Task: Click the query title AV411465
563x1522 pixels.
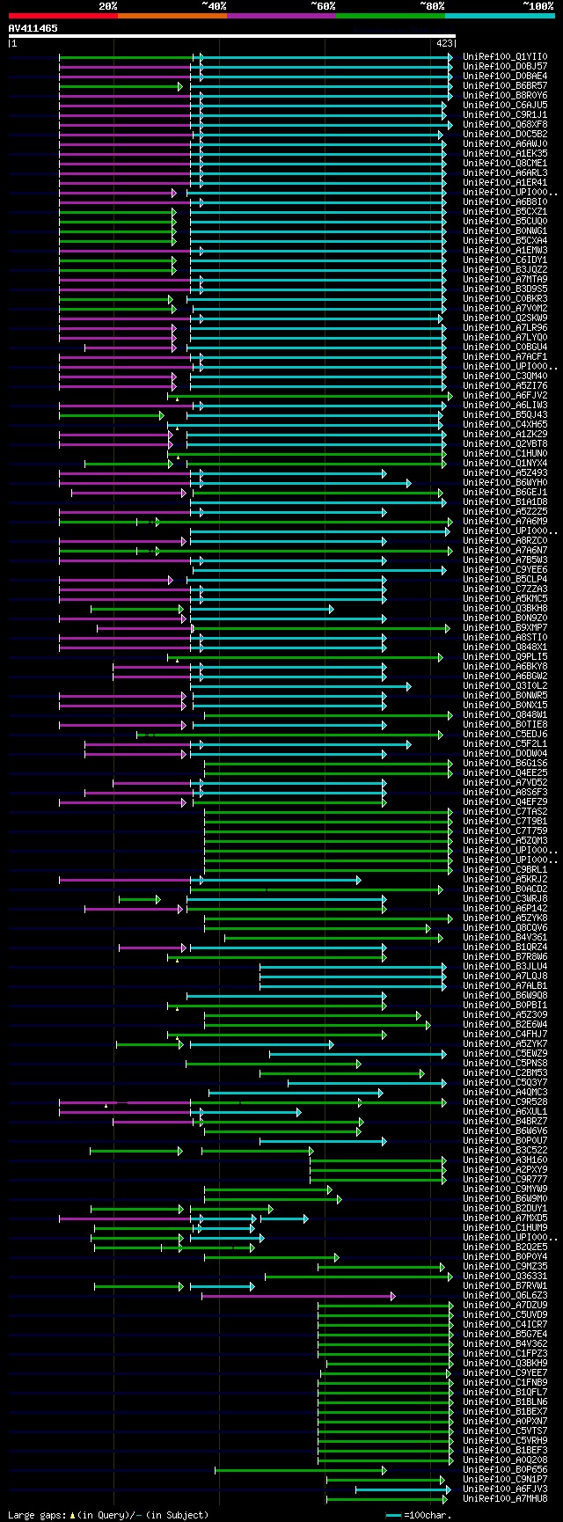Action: [x=33, y=28]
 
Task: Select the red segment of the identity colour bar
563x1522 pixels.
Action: [x=62, y=16]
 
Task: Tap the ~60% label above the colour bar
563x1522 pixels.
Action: [x=323, y=6]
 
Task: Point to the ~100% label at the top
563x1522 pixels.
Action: [x=537, y=6]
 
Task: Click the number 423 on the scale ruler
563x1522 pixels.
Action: [x=444, y=42]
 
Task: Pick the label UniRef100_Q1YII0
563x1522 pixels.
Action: [x=505, y=56]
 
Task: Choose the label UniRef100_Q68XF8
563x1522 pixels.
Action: [x=505, y=124]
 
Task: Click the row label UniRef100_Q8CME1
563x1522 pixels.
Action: [x=505, y=163]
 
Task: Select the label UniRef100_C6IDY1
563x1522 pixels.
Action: [x=505, y=260]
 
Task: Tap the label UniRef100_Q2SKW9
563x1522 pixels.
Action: [x=505, y=318]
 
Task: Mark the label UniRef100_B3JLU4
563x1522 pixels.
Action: [x=505, y=966]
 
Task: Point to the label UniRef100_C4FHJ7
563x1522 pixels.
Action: [x=505, y=1034]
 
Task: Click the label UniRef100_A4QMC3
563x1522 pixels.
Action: [x=505, y=1092]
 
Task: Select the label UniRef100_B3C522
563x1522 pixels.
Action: [x=505, y=1150]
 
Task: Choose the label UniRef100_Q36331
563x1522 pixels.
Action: [x=505, y=1276]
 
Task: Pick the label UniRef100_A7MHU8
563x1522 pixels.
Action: [x=505, y=1498]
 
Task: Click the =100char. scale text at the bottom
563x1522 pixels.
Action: [x=430, y=1515]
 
